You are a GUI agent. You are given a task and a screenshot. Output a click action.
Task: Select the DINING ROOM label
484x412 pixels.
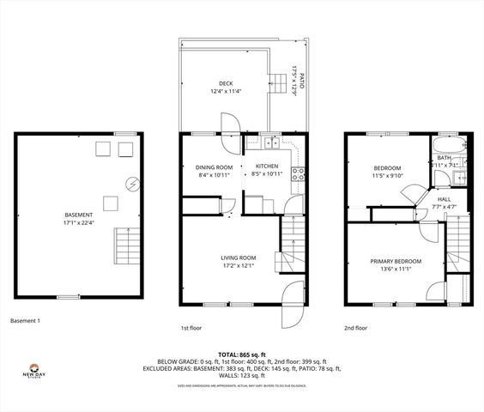click(x=214, y=167)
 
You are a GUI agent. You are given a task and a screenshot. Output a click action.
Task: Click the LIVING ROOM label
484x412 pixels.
click(x=239, y=257)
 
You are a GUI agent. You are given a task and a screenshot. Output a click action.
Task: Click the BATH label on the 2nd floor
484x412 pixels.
click(x=444, y=158)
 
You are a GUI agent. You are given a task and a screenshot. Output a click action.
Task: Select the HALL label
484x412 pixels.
click(x=444, y=198)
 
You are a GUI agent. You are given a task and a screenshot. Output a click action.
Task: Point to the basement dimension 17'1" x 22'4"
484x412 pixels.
click(x=79, y=222)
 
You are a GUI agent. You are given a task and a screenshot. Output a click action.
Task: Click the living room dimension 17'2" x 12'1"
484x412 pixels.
click(x=239, y=265)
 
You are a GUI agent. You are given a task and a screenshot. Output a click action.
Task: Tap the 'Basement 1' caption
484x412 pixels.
click(x=26, y=321)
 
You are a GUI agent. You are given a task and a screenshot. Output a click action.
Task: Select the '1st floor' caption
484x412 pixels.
click(x=191, y=328)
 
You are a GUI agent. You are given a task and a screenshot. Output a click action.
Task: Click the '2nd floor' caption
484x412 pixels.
click(x=355, y=328)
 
